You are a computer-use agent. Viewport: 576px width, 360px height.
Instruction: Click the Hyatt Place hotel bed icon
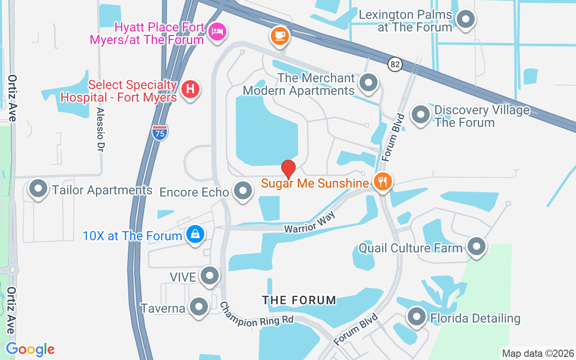(x=217, y=31)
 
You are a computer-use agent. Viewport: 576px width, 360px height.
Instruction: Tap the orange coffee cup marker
(x=280, y=35)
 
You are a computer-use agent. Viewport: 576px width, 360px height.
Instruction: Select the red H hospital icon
(x=190, y=88)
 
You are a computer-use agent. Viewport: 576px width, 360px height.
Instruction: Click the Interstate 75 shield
(x=160, y=133)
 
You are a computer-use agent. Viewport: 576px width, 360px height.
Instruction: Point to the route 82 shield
(x=395, y=64)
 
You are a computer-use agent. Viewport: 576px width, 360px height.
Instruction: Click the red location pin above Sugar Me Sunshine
(x=288, y=169)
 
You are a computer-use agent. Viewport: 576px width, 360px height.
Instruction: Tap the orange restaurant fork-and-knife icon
(x=382, y=182)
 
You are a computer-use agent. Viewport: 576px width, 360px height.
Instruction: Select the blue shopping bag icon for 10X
(x=195, y=234)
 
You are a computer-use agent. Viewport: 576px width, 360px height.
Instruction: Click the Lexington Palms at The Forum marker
(x=466, y=19)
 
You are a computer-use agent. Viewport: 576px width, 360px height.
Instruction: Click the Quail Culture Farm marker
(x=476, y=246)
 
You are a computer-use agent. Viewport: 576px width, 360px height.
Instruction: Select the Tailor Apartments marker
(x=38, y=189)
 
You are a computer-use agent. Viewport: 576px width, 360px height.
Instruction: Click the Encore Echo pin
(x=243, y=191)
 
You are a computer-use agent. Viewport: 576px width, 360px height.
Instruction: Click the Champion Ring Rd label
(x=256, y=315)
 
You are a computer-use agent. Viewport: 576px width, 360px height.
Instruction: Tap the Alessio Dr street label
(x=100, y=130)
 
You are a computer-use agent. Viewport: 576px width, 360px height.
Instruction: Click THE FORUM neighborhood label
(x=299, y=300)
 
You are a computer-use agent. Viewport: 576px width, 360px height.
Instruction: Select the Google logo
(x=30, y=349)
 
